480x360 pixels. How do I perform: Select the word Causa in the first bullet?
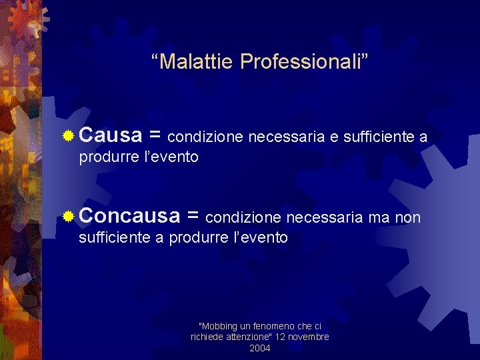[111, 136]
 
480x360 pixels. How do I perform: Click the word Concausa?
[129, 216]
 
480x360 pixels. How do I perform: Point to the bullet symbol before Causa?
[68, 137]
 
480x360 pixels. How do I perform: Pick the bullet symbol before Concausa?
[68, 217]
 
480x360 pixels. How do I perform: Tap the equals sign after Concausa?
[193, 217]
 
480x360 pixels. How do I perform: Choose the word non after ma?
[408, 217]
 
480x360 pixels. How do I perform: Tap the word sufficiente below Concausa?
[115, 237]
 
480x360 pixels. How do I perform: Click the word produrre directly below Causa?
[109, 157]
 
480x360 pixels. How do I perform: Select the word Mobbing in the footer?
[218, 326]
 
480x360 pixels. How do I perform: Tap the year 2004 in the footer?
[260, 348]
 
